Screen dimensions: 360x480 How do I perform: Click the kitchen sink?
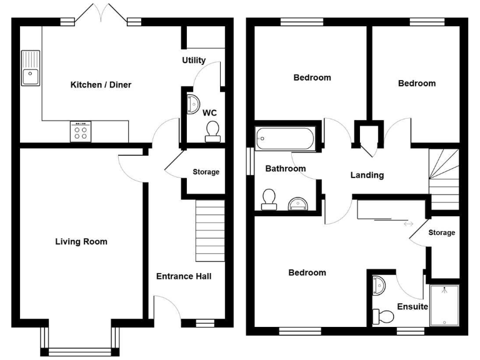29,68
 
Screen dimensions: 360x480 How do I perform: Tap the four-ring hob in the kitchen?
81,131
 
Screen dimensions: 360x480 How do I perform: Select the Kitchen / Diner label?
101,84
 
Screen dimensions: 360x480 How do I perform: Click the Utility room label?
194,61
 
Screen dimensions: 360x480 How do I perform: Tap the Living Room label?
81,241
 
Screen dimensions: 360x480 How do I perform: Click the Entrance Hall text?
184,276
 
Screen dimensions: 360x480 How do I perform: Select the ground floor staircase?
210,231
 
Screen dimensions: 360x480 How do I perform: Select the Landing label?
367,175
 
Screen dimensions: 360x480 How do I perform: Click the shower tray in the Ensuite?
444,305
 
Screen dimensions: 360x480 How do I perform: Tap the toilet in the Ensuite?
382,317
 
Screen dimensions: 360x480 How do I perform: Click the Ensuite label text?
412,307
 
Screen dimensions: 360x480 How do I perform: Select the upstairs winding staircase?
444,179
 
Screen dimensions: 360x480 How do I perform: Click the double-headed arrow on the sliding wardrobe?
409,223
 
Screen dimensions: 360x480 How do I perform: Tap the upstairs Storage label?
441,232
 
